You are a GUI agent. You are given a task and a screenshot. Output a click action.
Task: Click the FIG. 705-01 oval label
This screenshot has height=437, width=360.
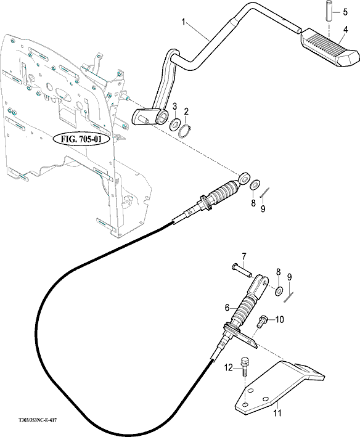(x=81, y=140)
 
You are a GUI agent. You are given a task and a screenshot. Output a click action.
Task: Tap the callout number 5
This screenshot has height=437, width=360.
(x=345, y=12)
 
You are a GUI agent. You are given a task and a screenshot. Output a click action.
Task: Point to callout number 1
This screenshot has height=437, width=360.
(x=183, y=22)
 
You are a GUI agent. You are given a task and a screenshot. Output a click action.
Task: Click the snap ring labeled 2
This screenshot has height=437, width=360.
(x=184, y=131)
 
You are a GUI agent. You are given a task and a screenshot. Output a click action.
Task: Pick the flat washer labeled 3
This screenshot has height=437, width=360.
(x=174, y=124)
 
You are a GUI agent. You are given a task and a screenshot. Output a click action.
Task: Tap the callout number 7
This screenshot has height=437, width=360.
(x=244, y=256)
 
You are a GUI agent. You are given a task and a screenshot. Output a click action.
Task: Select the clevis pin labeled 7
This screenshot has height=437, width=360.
(x=242, y=271)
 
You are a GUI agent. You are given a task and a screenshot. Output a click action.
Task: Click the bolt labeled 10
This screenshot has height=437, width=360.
(x=262, y=322)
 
